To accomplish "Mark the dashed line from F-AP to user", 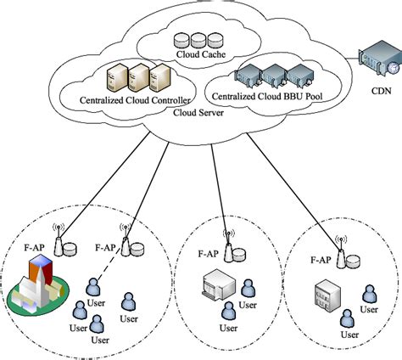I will (x=108, y=268).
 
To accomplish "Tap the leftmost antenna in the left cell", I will (x=59, y=241).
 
